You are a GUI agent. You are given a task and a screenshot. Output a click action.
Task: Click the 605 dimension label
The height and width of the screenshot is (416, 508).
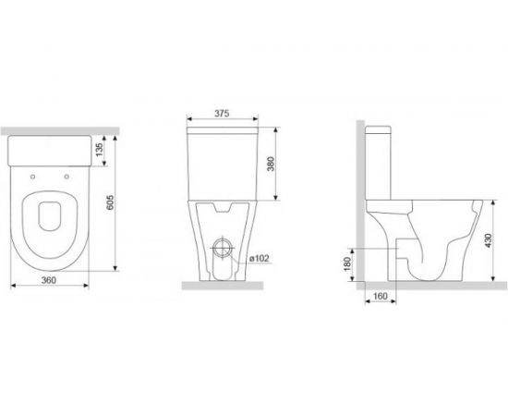[x=110, y=202]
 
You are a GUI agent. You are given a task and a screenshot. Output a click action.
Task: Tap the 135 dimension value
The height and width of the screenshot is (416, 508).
[x=99, y=150]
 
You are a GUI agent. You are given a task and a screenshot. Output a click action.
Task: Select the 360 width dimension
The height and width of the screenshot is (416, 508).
[x=49, y=280]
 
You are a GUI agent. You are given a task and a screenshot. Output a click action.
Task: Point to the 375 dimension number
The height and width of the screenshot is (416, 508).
[x=222, y=113]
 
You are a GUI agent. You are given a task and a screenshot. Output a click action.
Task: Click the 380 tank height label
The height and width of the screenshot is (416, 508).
[x=271, y=164]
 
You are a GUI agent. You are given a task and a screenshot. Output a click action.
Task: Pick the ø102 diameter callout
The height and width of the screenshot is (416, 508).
[x=260, y=259]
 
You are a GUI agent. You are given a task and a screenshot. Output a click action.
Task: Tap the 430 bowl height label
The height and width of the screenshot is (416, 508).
[x=489, y=240]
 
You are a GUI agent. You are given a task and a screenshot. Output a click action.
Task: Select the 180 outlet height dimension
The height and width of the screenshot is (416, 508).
[x=347, y=264]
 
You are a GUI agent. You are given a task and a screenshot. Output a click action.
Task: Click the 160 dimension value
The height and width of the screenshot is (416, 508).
[x=380, y=296]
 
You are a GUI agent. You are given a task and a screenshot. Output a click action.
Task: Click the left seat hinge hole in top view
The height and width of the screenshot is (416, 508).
[x=32, y=177]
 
